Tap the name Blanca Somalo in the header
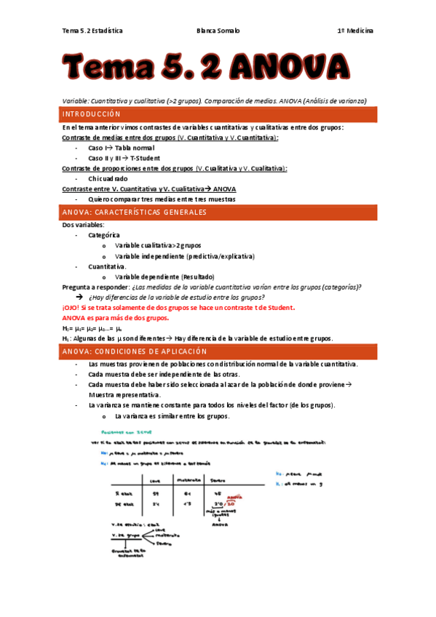[x=218, y=31]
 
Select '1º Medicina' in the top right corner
[x=355, y=31]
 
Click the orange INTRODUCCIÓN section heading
[x=91, y=115]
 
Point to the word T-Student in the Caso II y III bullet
[x=146, y=158]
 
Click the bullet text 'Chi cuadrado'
[x=108, y=178]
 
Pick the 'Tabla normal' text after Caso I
[x=135, y=148]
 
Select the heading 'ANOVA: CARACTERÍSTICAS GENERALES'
[x=135, y=212]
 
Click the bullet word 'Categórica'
[x=104, y=235]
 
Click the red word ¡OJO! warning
[x=74, y=308]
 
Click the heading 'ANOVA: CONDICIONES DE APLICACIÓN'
[x=135, y=351]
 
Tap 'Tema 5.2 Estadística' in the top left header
[x=92, y=31]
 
